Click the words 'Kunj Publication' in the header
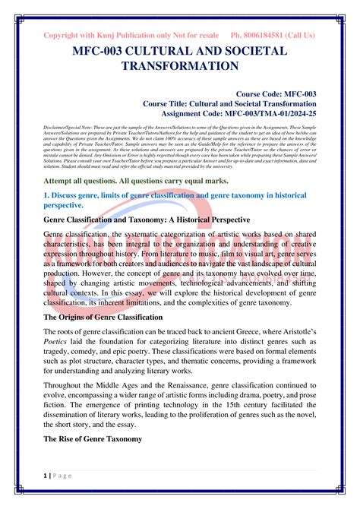tap(125, 36)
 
